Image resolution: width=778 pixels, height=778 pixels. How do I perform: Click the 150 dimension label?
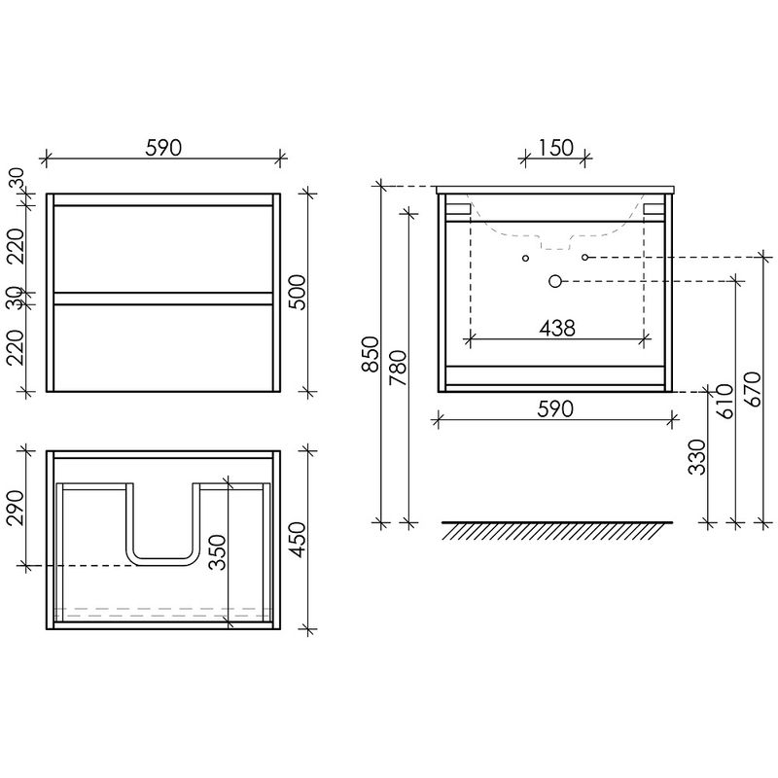(x=555, y=148)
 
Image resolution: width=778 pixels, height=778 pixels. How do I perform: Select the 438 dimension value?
(x=557, y=328)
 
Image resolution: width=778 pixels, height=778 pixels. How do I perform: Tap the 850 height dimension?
(x=371, y=354)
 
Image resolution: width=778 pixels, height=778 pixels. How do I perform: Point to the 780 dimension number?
(x=398, y=369)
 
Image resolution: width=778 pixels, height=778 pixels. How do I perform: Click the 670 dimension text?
(x=752, y=390)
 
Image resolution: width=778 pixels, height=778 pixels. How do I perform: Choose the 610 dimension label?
(x=725, y=402)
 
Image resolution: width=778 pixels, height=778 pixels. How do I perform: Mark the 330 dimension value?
(x=697, y=457)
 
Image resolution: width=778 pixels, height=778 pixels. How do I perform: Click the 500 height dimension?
(x=298, y=293)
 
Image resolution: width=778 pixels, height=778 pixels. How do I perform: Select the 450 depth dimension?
(x=298, y=540)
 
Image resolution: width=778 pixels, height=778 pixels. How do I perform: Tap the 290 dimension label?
(x=16, y=508)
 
